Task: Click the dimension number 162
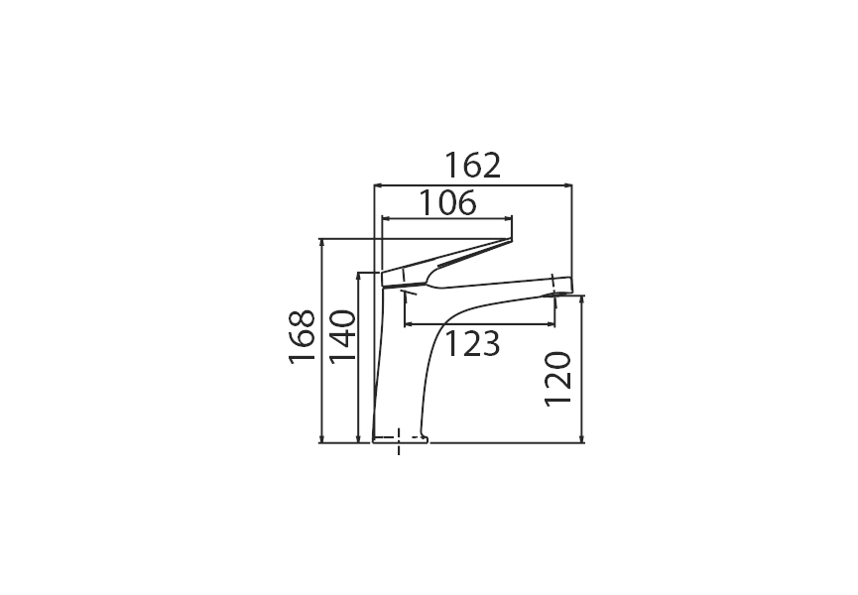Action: click(x=472, y=165)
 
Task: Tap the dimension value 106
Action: click(x=445, y=203)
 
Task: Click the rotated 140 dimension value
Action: click(x=341, y=337)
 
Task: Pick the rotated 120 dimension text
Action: click(x=558, y=377)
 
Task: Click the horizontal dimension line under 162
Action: click(x=472, y=184)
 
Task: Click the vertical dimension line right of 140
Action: click(x=357, y=357)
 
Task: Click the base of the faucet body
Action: click(x=401, y=437)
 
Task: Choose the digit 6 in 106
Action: click(x=465, y=203)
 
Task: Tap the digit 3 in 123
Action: click(x=489, y=345)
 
